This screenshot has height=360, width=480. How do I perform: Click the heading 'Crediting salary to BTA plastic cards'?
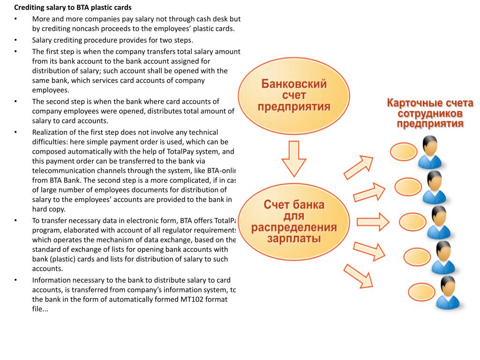(x=73, y=7)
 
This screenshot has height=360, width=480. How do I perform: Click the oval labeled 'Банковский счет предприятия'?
(x=294, y=96)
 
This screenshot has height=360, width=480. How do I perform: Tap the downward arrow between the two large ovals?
(x=294, y=158)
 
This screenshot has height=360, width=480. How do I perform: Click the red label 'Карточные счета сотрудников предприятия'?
(x=430, y=113)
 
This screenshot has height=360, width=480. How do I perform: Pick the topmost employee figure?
(x=429, y=152)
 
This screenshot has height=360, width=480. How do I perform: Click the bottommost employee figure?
(x=448, y=292)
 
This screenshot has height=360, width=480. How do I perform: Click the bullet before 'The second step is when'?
(x=15, y=101)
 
